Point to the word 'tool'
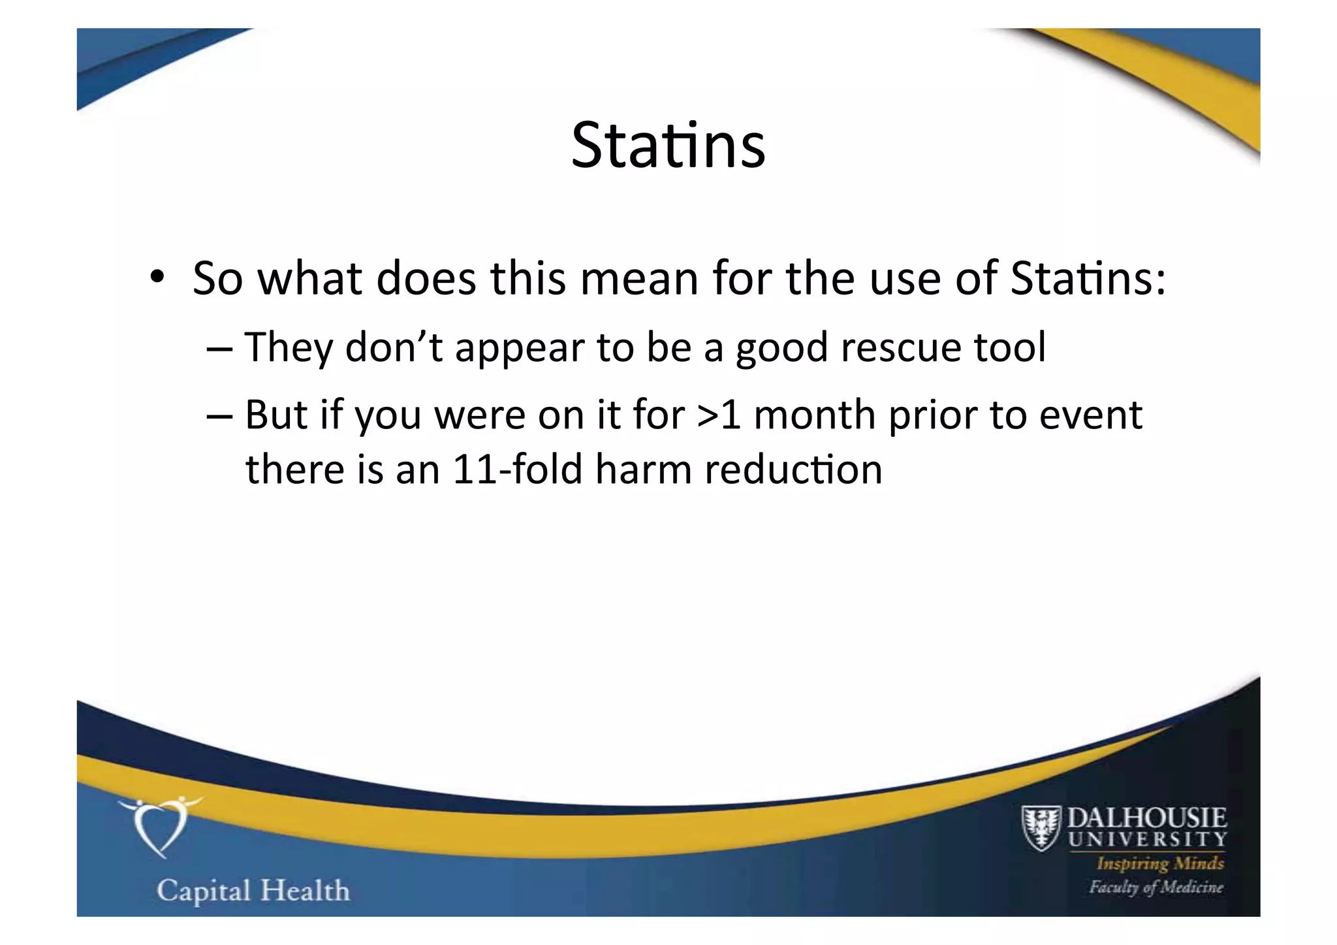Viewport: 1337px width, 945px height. pos(1010,347)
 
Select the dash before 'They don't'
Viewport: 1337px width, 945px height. pos(219,349)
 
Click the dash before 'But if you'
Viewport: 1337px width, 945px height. pos(219,417)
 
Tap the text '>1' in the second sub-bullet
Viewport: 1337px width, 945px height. pos(719,415)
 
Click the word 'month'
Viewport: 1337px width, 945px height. pos(814,415)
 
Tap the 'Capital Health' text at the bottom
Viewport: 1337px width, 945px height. pos(253,891)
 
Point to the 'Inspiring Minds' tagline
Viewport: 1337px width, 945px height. pos(1160,863)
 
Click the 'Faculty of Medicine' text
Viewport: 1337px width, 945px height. pos(1156,887)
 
